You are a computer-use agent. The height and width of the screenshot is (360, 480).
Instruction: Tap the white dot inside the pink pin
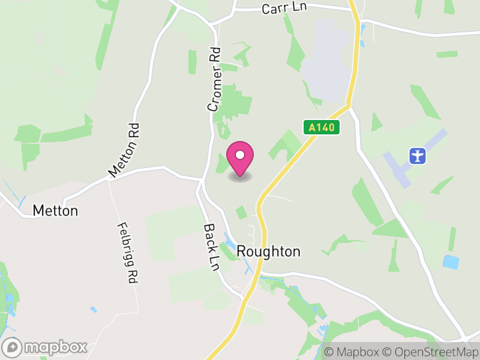point(240,155)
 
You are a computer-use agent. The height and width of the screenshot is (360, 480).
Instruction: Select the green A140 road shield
point(321,127)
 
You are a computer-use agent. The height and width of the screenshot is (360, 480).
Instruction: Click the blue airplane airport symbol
point(418,156)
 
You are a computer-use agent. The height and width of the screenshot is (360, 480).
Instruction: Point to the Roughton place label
point(269,251)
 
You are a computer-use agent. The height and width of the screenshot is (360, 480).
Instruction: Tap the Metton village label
point(55,211)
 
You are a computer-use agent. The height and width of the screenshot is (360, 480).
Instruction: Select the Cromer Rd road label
point(214,80)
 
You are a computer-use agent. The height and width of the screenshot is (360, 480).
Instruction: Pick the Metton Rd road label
point(124,150)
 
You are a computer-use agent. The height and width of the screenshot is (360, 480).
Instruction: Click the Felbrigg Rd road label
point(125,253)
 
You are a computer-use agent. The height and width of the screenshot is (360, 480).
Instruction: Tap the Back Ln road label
point(211,247)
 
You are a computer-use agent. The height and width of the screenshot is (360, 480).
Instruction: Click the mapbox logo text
point(55,347)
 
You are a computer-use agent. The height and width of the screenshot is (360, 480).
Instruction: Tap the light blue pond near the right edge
point(451,262)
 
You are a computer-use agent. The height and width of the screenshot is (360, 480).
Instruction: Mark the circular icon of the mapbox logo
point(13,347)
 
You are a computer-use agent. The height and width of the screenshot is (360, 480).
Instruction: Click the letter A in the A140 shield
point(312,127)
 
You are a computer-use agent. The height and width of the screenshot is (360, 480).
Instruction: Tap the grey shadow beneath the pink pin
point(240,176)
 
